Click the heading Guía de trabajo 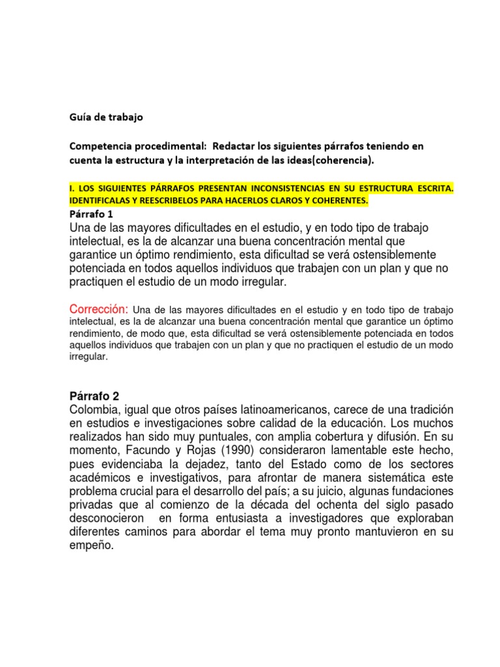(105, 118)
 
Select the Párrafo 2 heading (94, 395)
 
